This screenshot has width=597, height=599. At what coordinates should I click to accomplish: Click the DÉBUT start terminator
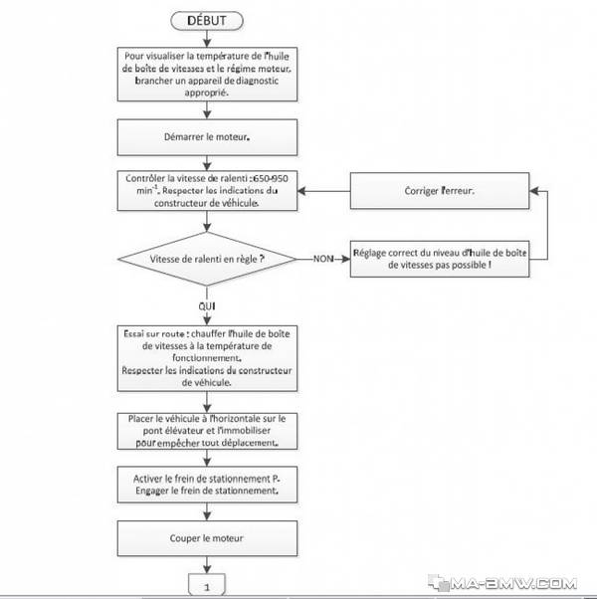click(x=207, y=21)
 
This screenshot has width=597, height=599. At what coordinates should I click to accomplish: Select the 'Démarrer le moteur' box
click(x=207, y=137)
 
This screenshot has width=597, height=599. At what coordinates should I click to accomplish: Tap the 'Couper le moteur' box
click(x=207, y=538)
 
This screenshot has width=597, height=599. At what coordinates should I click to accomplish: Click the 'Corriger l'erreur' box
click(x=440, y=191)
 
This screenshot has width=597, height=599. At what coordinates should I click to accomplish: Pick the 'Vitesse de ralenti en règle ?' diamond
click(x=207, y=259)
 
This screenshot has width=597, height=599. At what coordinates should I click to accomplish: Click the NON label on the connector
click(x=323, y=259)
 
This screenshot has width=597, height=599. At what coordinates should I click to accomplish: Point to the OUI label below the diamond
click(x=207, y=306)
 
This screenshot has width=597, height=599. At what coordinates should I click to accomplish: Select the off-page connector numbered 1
click(x=207, y=584)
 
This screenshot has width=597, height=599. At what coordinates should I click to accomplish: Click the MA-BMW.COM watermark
click(x=502, y=583)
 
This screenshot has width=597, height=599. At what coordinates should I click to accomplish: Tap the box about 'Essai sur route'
click(x=207, y=358)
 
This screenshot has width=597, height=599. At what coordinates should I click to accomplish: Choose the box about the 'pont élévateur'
click(x=207, y=431)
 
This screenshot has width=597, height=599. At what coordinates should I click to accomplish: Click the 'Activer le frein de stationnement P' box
click(x=207, y=485)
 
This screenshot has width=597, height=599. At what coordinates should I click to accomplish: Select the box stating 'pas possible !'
click(x=440, y=259)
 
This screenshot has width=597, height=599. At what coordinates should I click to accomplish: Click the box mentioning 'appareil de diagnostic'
click(x=207, y=74)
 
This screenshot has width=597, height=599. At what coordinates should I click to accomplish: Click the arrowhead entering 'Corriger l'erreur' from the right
click(x=534, y=191)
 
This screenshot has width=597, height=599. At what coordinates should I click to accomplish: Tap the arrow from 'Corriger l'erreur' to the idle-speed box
click(x=324, y=191)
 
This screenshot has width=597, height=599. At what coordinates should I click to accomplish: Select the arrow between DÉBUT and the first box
click(x=207, y=39)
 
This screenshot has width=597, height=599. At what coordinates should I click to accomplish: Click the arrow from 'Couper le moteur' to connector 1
click(x=207, y=564)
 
